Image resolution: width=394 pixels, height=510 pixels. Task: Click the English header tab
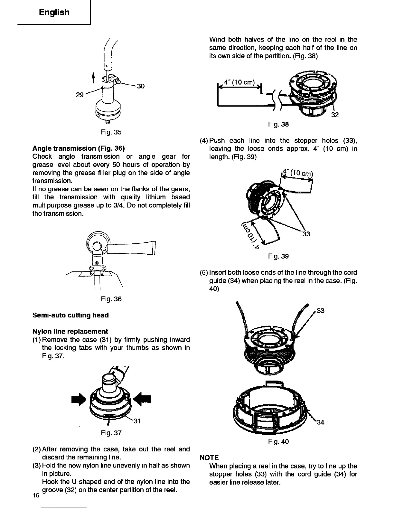tap(54, 12)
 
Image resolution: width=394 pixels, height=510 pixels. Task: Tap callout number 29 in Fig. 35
tap(80, 95)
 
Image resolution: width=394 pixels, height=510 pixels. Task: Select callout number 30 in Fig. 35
tap(141, 86)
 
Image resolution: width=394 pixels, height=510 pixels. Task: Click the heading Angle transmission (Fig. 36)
tap(79, 148)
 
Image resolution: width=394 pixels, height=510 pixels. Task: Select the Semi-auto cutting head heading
tap(70, 315)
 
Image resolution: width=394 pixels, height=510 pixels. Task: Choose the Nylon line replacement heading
tap(70, 331)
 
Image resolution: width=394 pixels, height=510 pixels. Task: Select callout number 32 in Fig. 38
tap(335, 115)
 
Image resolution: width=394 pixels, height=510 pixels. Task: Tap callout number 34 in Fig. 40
tap(320, 422)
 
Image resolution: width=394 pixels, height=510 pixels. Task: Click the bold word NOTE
tap(209, 458)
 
